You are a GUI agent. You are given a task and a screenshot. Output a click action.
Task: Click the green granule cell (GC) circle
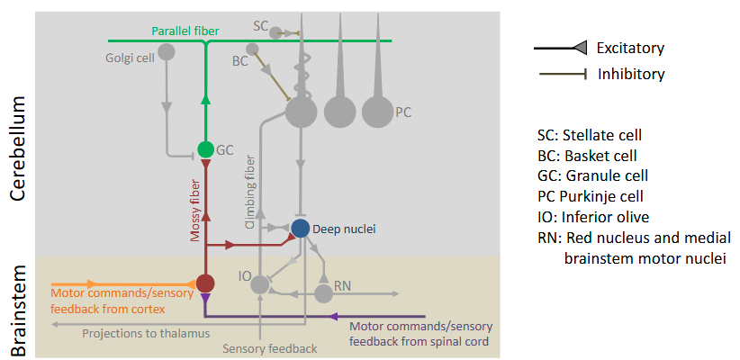205,148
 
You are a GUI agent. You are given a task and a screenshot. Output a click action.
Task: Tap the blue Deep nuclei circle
301,229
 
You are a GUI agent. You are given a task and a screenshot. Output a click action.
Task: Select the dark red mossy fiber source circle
205,283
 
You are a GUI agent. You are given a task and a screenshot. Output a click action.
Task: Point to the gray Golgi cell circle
167,52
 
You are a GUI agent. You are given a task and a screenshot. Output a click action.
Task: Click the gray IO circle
260,284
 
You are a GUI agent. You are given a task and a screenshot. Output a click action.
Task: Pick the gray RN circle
323,293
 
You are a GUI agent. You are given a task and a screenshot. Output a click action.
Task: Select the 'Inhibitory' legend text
631,74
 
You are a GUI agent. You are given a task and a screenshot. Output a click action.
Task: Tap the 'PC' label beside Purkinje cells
404,112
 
